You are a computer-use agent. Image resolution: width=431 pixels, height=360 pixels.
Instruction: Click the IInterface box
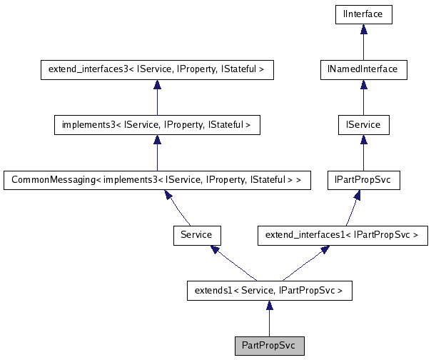click(363, 14)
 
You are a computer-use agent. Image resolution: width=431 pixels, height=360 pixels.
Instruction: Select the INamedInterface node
click(363, 69)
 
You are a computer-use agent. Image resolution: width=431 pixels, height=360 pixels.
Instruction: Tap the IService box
click(363, 125)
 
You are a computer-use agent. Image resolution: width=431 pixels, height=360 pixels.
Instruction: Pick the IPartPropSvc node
click(363, 179)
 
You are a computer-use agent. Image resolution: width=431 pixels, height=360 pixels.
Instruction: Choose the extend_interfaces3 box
click(157, 69)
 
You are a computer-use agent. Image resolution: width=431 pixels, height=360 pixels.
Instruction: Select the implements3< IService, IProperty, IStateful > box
click(157, 125)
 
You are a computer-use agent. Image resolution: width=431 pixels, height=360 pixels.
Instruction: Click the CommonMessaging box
click(157, 179)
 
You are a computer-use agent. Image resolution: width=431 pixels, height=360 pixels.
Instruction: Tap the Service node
click(196, 234)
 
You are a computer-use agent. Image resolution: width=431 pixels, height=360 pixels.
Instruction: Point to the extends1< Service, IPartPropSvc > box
click(269, 290)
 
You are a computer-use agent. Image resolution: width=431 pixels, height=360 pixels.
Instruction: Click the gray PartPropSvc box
click(269, 346)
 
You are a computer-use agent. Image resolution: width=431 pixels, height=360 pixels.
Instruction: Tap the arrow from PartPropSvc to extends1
click(269, 318)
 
